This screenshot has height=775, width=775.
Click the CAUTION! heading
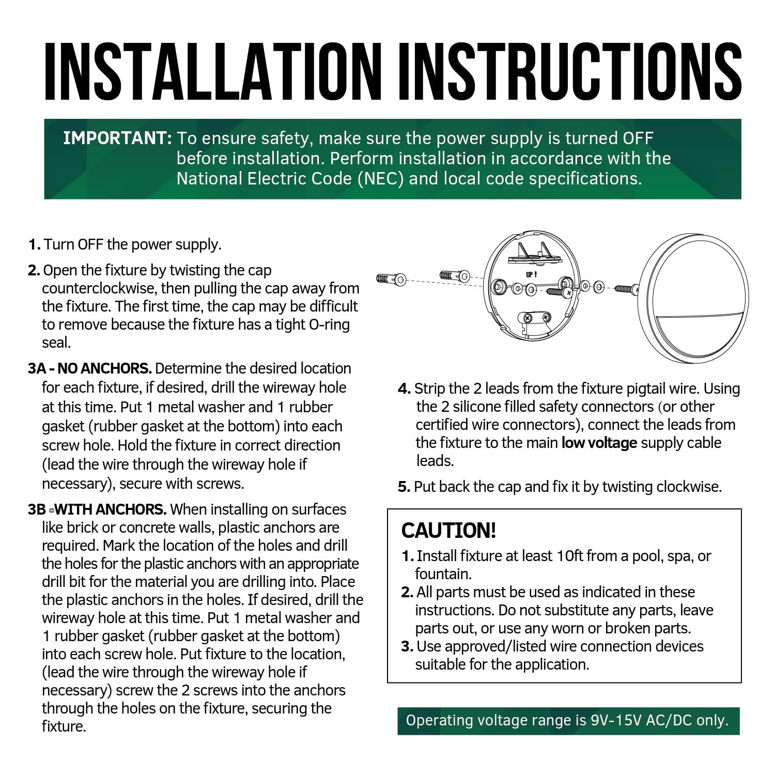pyautogui.click(x=448, y=531)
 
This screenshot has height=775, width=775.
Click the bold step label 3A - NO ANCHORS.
pyautogui.click(x=90, y=368)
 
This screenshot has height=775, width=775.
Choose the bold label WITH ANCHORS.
pyautogui.click(x=111, y=509)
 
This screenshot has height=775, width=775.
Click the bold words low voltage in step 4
pyautogui.click(x=599, y=443)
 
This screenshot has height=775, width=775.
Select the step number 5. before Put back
pyautogui.click(x=404, y=487)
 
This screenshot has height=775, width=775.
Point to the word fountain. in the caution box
pyautogui.click(x=443, y=574)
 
